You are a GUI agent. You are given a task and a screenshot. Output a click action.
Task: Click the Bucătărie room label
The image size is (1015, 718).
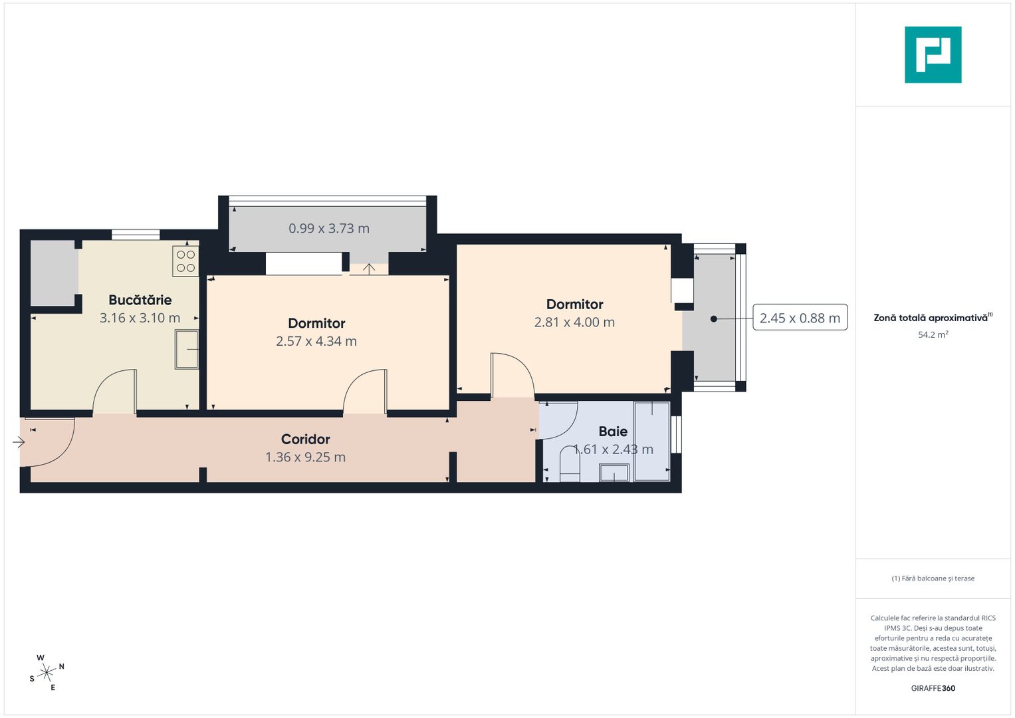[x=140, y=300]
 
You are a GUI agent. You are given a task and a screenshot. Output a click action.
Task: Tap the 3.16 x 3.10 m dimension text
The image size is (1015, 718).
[x=140, y=318]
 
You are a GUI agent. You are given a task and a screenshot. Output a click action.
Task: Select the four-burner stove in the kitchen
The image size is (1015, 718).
[x=186, y=261]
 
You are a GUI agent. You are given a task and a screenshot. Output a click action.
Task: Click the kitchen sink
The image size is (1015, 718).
[x=187, y=349]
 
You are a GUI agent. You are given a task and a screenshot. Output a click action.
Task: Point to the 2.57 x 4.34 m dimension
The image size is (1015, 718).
[x=316, y=341]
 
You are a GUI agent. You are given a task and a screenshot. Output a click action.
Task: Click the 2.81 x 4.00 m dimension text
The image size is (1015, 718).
[x=574, y=322]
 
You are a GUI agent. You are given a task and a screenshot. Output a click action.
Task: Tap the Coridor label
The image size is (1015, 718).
[x=305, y=439]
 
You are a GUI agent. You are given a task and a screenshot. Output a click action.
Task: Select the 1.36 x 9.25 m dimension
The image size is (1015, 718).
[x=305, y=457]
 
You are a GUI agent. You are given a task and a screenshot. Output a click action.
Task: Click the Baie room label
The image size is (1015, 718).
[x=613, y=431]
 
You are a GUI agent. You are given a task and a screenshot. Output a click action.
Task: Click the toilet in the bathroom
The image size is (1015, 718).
[x=570, y=465]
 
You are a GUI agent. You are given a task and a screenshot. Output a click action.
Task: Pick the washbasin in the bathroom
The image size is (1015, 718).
[x=614, y=473]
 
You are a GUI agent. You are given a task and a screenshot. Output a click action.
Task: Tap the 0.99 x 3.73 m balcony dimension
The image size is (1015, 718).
[x=329, y=228]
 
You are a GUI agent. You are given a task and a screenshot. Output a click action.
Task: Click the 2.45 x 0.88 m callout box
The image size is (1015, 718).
[x=800, y=318]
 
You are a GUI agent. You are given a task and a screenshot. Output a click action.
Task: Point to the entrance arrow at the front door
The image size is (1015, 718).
[x=19, y=441]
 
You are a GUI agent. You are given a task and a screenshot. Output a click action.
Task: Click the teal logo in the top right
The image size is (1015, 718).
[x=933, y=55]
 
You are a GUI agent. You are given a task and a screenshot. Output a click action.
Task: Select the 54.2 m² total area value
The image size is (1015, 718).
[x=933, y=335]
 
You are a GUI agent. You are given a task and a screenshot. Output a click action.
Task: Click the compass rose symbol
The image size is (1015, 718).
[x=47, y=673]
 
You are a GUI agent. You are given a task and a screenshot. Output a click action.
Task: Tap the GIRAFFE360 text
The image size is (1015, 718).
[x=933, y=688]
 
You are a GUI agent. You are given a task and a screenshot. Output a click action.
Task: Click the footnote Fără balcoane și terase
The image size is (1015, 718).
[x=933, y=578]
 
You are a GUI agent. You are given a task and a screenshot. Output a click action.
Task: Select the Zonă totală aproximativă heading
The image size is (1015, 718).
[x=931, y=318]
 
